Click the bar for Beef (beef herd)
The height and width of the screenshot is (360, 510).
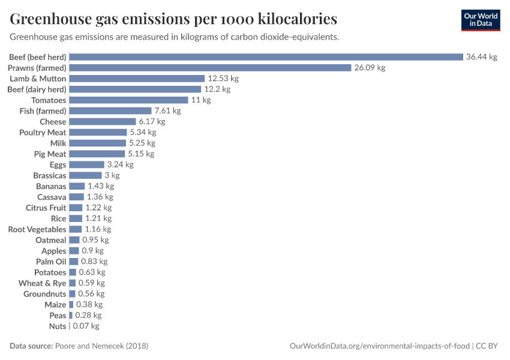266,57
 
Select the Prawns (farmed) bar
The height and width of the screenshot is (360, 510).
210,68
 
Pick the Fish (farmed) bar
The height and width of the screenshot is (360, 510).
110,111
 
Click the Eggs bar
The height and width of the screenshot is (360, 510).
86,164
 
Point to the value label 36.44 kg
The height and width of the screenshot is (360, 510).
481,57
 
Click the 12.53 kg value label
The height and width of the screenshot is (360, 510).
223,79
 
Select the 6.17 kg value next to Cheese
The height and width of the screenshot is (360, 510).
151,122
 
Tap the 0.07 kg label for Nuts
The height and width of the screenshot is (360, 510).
86,326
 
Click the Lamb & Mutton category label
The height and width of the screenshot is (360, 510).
38,79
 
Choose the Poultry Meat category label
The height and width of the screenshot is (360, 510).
43,133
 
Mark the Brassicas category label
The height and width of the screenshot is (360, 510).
50,176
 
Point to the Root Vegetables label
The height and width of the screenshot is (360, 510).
37,229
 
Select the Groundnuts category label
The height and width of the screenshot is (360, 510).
45,294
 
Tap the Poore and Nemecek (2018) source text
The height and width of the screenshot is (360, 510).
101,346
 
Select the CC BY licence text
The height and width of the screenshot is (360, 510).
488,346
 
